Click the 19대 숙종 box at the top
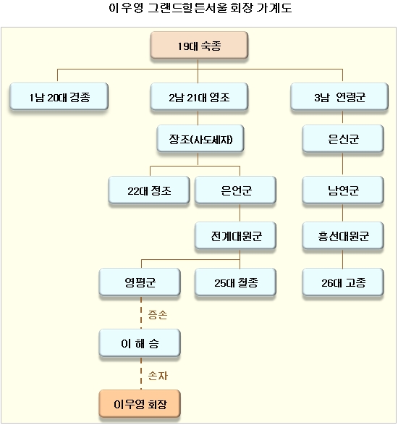coord(199,45)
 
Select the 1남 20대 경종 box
coord(59,96)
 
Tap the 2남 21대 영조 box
coord(199,96)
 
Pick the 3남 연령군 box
coord(339,96)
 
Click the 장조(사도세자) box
coord(200,138)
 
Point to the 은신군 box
coord(343,138)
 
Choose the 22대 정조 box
coord(149,190)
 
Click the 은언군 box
coord(235,190)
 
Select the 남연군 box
coord(343,190)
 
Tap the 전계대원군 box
coord(235,235)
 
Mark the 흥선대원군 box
coord(343,235)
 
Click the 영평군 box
coord(140,282)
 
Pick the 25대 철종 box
coord(235,282)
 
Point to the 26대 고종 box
coord(343,282)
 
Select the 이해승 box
coord(140,343)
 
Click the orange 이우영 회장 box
coord(140,403)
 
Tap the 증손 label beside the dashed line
coord(158,315)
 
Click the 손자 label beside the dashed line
coord(158,376)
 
